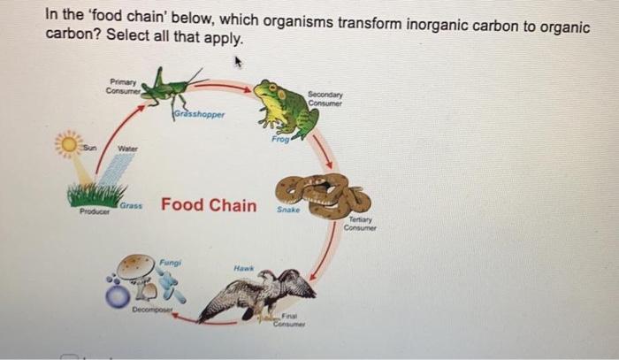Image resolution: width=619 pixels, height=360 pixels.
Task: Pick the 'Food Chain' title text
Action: [209, 205]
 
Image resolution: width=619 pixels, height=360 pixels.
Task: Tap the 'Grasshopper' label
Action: [199, 114]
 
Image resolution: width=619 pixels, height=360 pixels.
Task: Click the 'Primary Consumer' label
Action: [118, 85]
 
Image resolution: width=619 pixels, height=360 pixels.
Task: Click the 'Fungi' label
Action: [170, 261]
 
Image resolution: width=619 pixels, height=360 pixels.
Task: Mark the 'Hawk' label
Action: [244, 267]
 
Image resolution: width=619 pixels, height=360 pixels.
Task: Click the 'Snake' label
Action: [289, 210]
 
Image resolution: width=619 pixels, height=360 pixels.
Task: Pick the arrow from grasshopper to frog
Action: [231, 86]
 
